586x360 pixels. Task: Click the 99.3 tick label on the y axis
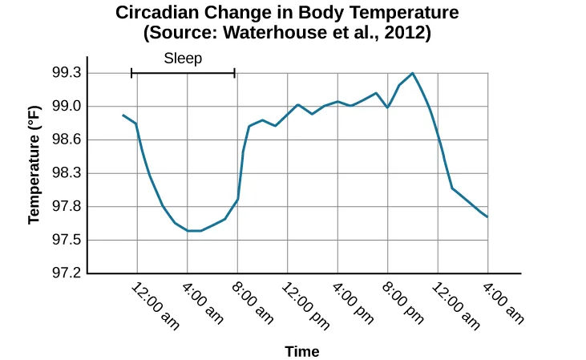[x=66, y=73]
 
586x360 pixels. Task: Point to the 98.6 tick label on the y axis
[x=66, y=140]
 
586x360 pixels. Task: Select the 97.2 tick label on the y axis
[x=66, y=273]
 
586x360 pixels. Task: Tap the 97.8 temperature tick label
[x=66, y=207]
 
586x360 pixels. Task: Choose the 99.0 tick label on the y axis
[x=66, y=107]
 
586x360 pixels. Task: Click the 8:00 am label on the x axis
[x=253, y=302]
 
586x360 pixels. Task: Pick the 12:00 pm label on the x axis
[x=308, y=305]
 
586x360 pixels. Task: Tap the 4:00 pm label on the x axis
[x=354, y=302]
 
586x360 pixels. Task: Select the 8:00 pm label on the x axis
[x=403, y=302]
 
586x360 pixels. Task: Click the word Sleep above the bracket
[x=183, y=58]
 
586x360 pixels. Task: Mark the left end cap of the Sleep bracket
[x=131, y=73]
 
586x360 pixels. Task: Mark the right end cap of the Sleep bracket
[x=235, y=73]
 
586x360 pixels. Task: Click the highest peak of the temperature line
[x=413, y=73]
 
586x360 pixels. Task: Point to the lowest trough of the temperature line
[x=193, y=231]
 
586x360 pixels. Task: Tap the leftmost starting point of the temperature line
[x=123, y=115]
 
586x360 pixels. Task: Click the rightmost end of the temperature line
[x=487, y=217]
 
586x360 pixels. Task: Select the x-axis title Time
[x=301, y=351]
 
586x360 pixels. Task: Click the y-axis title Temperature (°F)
[x=34, y=168]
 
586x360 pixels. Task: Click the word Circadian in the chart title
[x=155, y=13]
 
